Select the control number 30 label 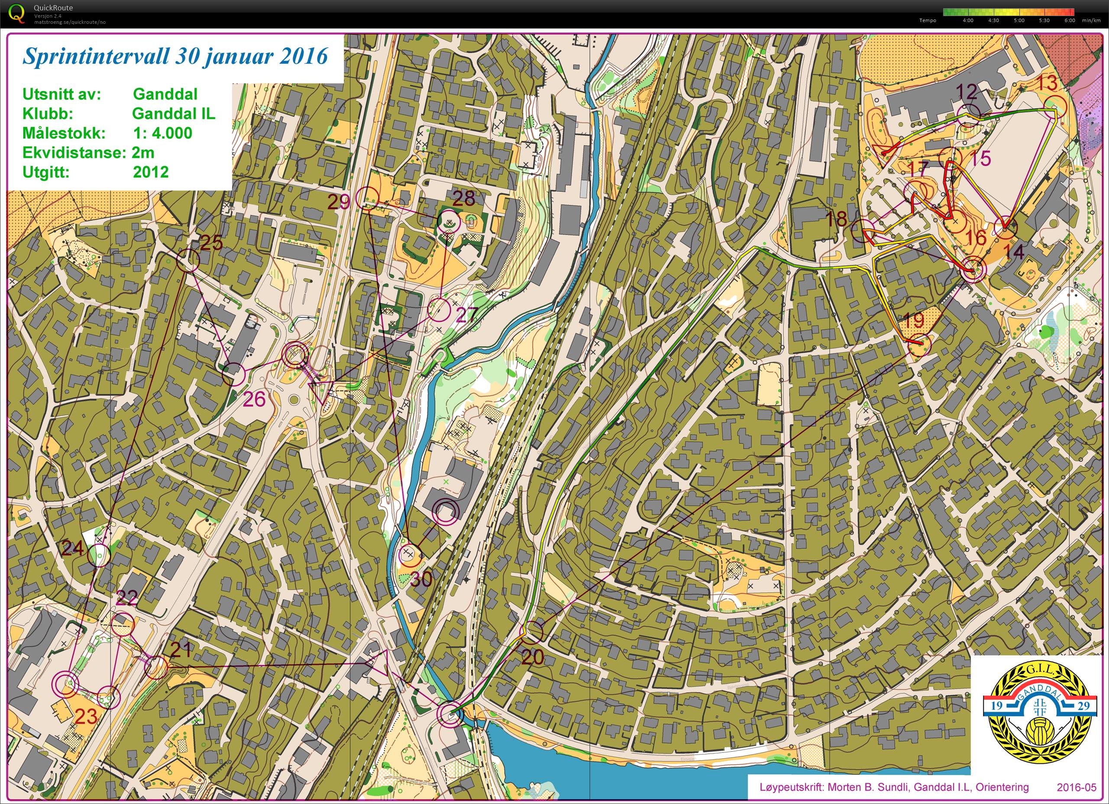(421, 580)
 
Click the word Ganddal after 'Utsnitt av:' (165, 94)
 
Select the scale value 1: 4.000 (163, 133)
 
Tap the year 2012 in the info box (151, 172)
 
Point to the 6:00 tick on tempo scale (1069, 20)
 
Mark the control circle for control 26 (234, 375)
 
